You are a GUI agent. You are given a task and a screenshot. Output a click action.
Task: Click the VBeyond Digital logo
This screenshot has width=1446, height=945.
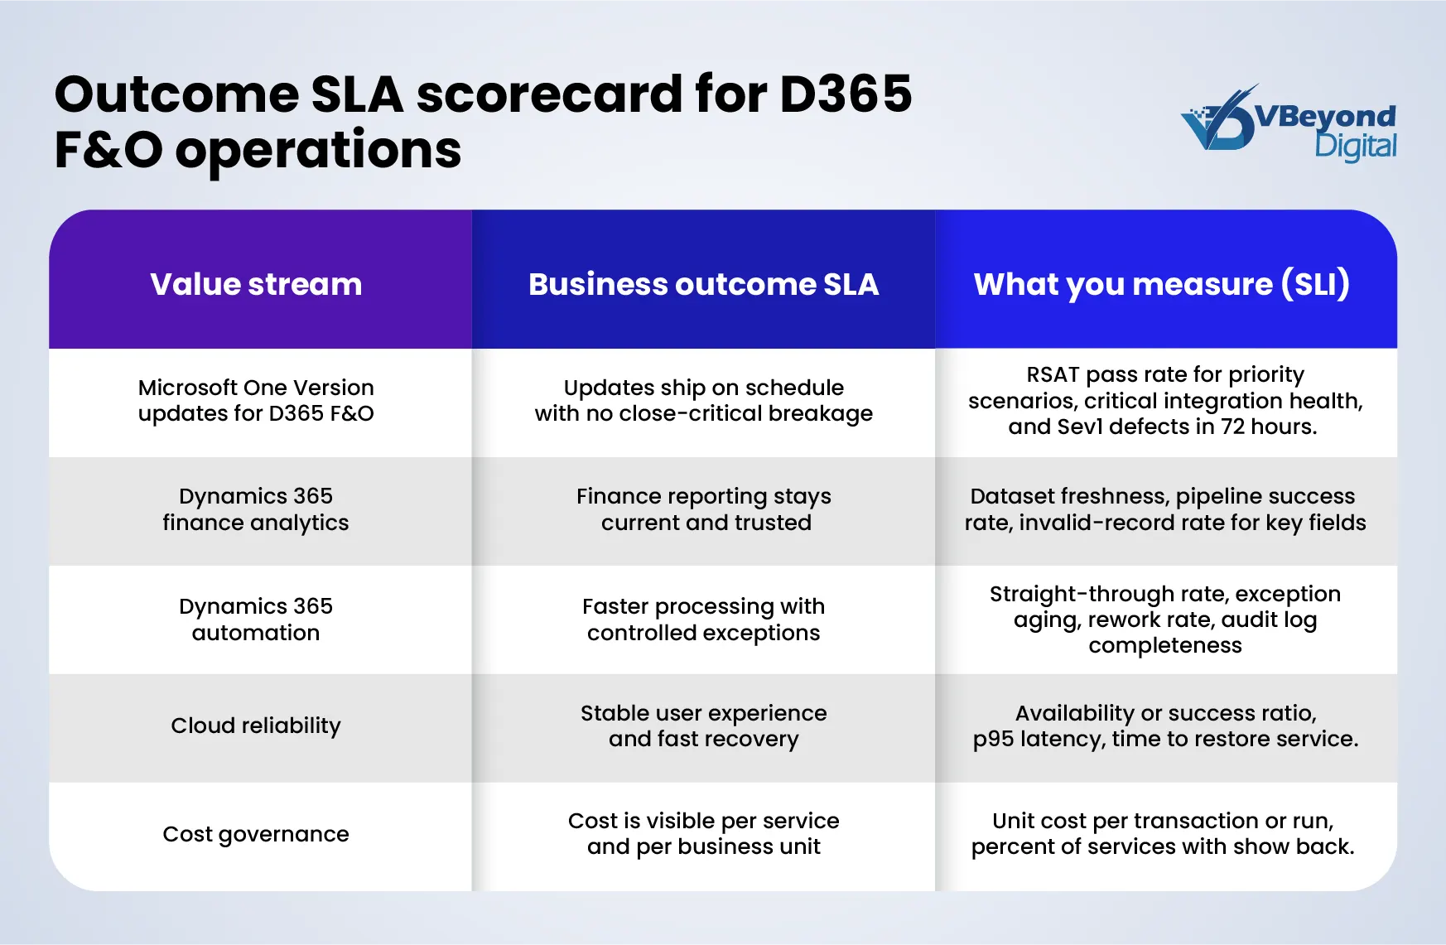click(1289, 124)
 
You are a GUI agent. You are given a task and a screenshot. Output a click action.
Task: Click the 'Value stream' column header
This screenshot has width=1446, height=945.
click(256, 284)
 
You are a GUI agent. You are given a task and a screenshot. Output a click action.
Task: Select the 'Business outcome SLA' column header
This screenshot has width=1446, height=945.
click(703, 284)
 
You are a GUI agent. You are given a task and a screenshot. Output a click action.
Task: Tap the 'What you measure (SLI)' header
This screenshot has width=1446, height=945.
click(1162, 284)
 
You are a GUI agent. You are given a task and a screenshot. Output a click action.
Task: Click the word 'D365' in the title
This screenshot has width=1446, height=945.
click(846, 94)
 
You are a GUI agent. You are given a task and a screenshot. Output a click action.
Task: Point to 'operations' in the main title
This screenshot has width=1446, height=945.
click(318, 150)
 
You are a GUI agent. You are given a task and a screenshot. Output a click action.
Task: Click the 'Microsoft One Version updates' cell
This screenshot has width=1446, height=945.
click(256, 400)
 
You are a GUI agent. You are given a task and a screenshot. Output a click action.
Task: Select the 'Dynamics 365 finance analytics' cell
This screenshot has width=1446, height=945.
click(256, 509)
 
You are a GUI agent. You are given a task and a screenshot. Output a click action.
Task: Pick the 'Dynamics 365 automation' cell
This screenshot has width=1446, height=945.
click(256, 620)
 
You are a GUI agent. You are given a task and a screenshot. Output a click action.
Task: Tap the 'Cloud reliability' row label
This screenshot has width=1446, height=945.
click(256, 726)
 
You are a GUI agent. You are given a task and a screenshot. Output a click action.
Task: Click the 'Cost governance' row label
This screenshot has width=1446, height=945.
click(256, 834)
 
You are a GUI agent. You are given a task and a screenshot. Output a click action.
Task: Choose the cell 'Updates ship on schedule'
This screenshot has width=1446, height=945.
click(703, 400)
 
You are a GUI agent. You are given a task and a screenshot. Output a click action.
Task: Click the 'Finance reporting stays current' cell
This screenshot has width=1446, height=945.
click(703, 509)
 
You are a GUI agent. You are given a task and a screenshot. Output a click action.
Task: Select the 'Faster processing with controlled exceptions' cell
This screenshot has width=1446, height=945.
click(703, 620)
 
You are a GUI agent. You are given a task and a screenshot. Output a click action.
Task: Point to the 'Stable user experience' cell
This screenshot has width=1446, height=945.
click(703, 726)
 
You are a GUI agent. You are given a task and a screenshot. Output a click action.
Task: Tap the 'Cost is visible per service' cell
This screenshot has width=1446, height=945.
click(703, 834)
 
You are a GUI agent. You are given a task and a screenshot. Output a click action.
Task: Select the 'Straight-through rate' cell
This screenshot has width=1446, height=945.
click(1164, 620)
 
